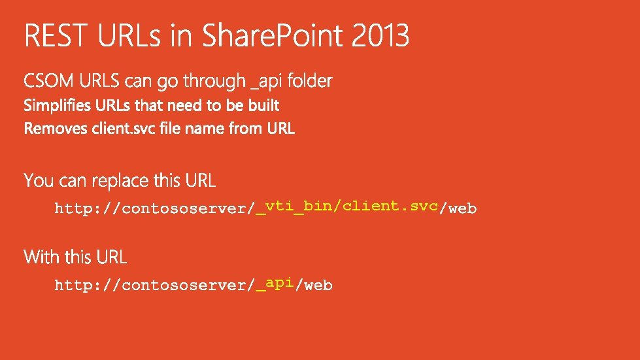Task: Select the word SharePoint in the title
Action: point(274,36)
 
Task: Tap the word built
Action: point(263,105)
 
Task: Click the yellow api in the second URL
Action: point(279,282)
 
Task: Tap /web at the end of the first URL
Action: point(458,209)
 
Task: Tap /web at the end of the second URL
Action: point(314,286)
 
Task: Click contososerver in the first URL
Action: point(184,209)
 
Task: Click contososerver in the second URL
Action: point(184,286)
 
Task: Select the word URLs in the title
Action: point(129,36)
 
